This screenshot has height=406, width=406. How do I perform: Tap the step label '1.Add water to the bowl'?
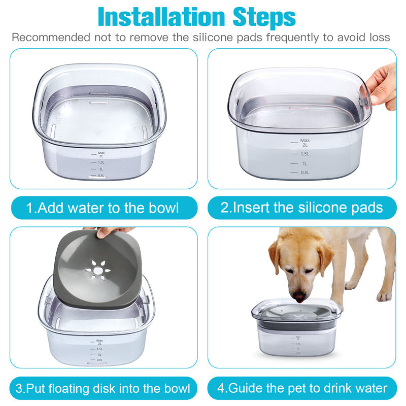pyautogui.click(x=103, y=208)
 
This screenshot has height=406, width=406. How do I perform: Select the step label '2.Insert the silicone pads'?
pyautogui.click(x=301, y=208)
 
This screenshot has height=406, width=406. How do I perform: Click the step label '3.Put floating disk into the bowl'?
pyautogui.click(x=103, y=389)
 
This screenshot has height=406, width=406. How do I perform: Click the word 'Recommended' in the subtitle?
pyautogui.click(x=48, y=38)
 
